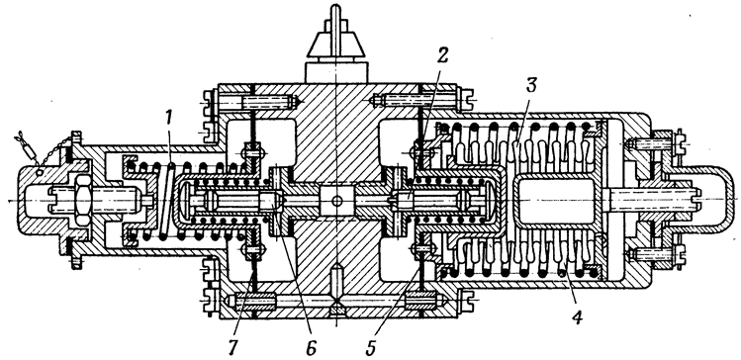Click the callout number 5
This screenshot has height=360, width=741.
click(370, 347)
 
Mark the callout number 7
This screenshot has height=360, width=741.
click(233, 347)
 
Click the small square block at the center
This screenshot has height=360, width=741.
click(336, 201)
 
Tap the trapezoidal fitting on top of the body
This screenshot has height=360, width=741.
click(336, 45)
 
